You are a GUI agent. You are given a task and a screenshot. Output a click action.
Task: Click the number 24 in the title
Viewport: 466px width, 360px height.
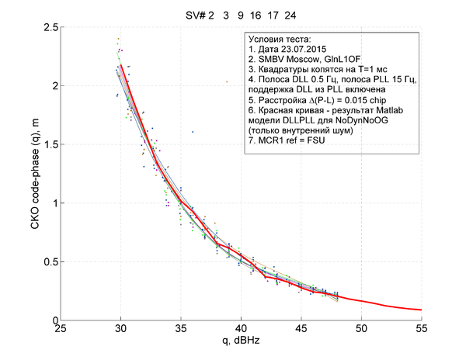pos(289,15)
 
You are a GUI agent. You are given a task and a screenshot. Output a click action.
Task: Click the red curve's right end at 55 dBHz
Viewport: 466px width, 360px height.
pos(421,310)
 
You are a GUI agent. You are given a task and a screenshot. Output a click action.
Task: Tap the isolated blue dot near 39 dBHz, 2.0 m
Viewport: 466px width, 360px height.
pos(227,81)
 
